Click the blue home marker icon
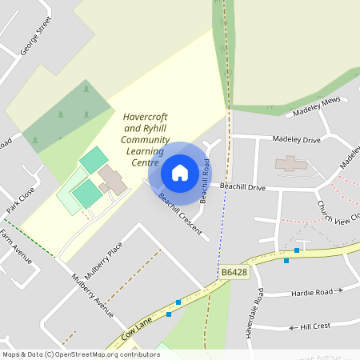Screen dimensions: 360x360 pyautogui.click(x=180, y=173)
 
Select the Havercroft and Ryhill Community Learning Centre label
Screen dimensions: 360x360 pyautogui.click(x=145, y=140)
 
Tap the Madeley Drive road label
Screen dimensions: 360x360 pyautogui.click(x=296, y=139)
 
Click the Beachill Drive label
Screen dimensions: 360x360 pyautogui.click(x=242, y=186)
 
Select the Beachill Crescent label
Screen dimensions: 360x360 pyautogui.click(x=178, y=209)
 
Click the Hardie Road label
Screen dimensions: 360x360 pyautogui.click(x=311, y=292)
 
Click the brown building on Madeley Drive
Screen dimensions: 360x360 pyautogui.click(x=290, y=163)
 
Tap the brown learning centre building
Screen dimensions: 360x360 pyautogui.click(x=112, y=180)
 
